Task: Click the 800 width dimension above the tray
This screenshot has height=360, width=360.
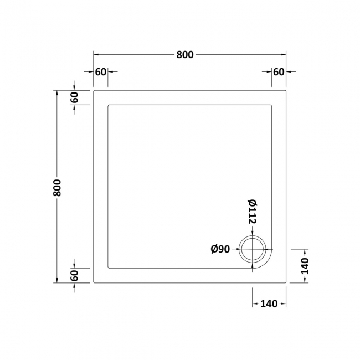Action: click(x=185, y=55)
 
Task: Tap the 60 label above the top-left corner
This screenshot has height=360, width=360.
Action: click(x=100, y=71)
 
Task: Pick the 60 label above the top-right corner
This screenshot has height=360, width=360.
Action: click(x=279, y=71)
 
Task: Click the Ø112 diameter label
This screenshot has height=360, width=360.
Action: click(x=253, y=212)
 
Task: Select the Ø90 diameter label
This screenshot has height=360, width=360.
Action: click(x=220, y=250)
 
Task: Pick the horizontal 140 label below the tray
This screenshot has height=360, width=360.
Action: click(x=269, y=304)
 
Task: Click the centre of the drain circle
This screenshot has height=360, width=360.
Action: click(x=253, y=250)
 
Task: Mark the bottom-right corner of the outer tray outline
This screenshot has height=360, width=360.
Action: click(x=286, y=282)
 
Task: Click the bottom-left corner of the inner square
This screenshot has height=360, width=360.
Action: click(x=107, y=268)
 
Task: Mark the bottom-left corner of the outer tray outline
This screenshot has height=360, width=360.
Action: click(x=94, y=282)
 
